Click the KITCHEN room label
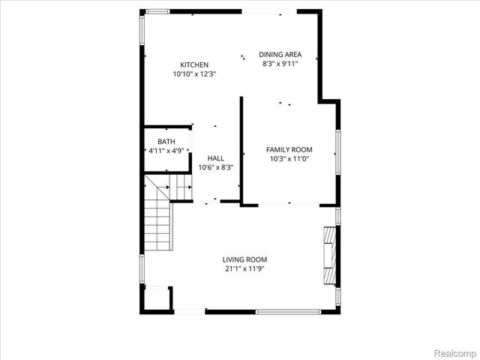click(x=194, y=64)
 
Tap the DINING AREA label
click(x=280, y=54)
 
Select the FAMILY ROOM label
click(x=289, y=149)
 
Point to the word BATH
click(x=166, y=142)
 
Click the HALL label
click(x=216, y=158)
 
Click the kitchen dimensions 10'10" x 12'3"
click(x=194, y=74)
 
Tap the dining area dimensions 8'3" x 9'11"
click(x=280, y=64)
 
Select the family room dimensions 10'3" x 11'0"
click(x=289, y=159)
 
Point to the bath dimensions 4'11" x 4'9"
click(x=166, y=151)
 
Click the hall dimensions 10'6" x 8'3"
click(x=216, y=167)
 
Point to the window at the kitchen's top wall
click(x=157, y=10)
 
